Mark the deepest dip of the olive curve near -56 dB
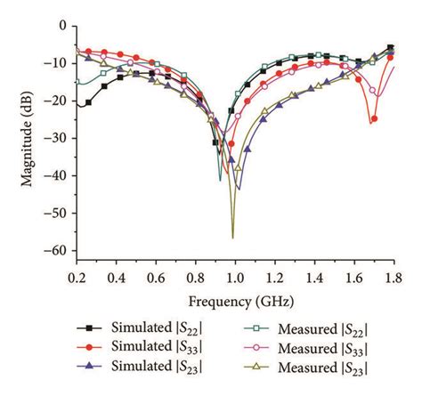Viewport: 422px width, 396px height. pos(233,237)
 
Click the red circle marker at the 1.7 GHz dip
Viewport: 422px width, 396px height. pos(374,119)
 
